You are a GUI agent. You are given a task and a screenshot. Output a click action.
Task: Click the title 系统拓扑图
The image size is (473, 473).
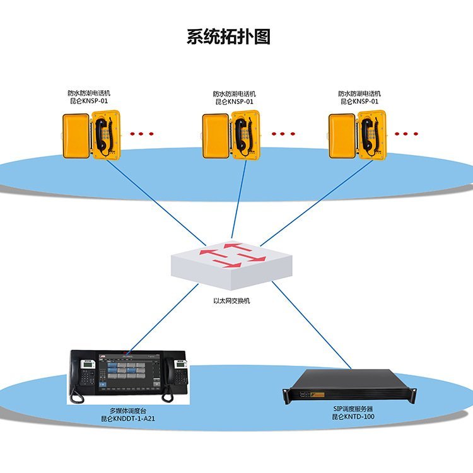(x=228, y=37)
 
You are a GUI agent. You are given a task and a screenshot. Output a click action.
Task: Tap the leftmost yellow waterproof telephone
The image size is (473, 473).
(x=91, y=135)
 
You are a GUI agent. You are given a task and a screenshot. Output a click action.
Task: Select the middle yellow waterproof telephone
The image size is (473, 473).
(x=231, y=134)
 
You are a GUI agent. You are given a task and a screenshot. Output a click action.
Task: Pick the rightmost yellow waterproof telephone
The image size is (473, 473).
(x=357, y=135)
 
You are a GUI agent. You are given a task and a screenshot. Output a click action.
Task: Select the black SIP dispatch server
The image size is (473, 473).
(x=349, y=385)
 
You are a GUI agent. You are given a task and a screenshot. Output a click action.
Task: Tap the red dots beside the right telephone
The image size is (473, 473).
(x=406, y=134)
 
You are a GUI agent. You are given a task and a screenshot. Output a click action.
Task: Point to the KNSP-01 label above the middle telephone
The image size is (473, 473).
(x=234, y=102)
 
